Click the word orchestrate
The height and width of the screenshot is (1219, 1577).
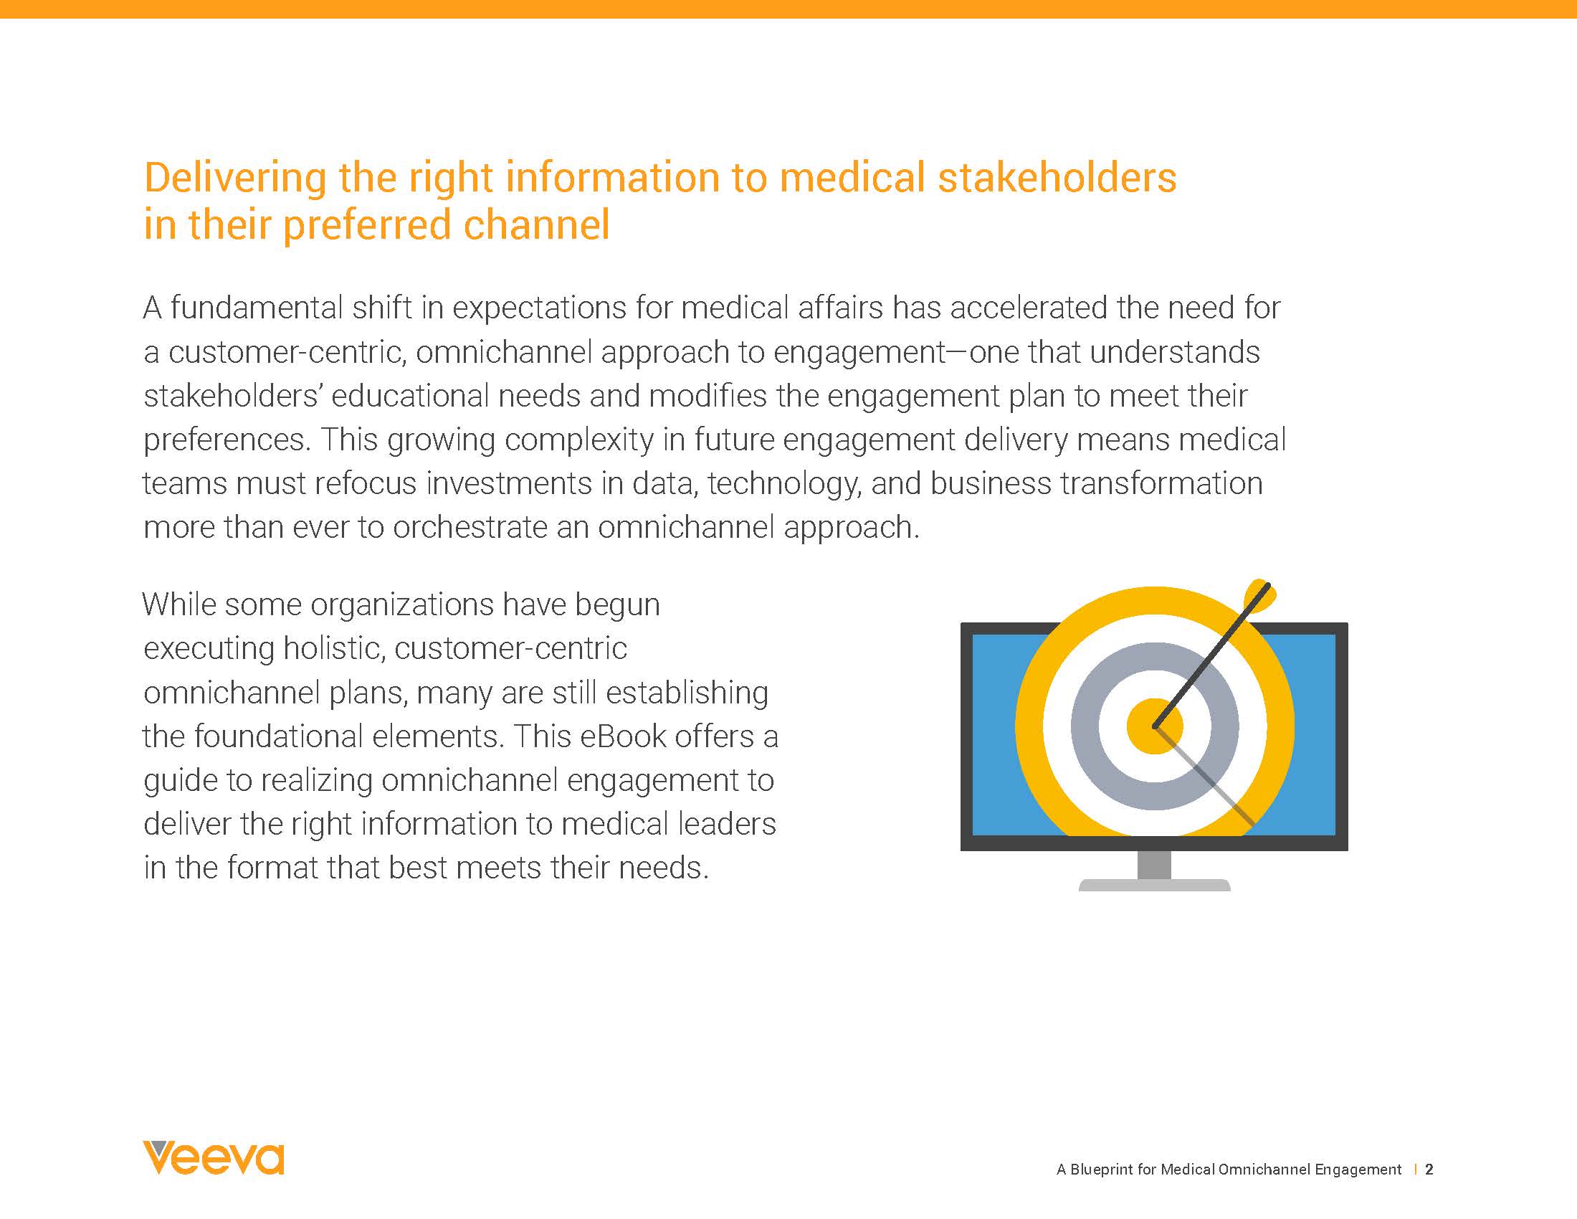(x=470, y=528)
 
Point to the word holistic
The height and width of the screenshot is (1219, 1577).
(x=330, y=648)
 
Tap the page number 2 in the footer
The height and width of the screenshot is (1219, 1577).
(x=1429, y=1170)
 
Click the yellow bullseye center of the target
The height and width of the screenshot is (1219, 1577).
(x=1154, y=726)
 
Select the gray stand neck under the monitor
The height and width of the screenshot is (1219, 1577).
(x=1153, y=865)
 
